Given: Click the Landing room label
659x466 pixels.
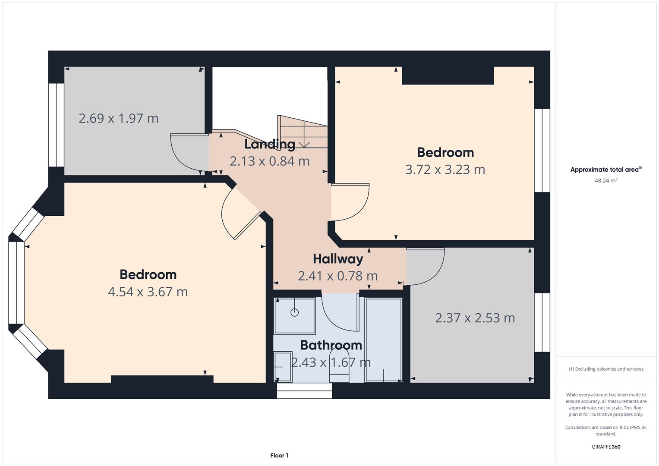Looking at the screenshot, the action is point(270,144).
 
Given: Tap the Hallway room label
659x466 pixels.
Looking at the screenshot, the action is point(338,259).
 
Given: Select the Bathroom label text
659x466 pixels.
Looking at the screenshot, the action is point(331,345).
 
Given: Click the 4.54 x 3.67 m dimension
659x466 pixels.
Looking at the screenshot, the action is point(148,292).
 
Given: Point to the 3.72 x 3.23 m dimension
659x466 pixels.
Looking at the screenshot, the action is point(445,170).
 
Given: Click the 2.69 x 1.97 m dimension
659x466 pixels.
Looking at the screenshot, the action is point(119,119).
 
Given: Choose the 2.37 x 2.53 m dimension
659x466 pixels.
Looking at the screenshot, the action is point(475,318).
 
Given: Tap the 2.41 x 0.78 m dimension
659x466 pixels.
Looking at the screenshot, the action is point(338,276).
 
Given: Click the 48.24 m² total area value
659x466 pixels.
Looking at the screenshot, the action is point(606,180).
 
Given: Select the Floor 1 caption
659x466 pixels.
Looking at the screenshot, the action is point(279,455).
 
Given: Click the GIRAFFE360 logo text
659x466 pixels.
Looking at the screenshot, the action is point(606,447).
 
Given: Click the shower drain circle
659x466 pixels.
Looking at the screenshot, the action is point(294,312).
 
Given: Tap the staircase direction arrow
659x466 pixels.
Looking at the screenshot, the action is point(304,144).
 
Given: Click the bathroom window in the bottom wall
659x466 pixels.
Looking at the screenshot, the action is point(305,390).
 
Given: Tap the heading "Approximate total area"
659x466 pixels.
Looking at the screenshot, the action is point(606,169).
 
